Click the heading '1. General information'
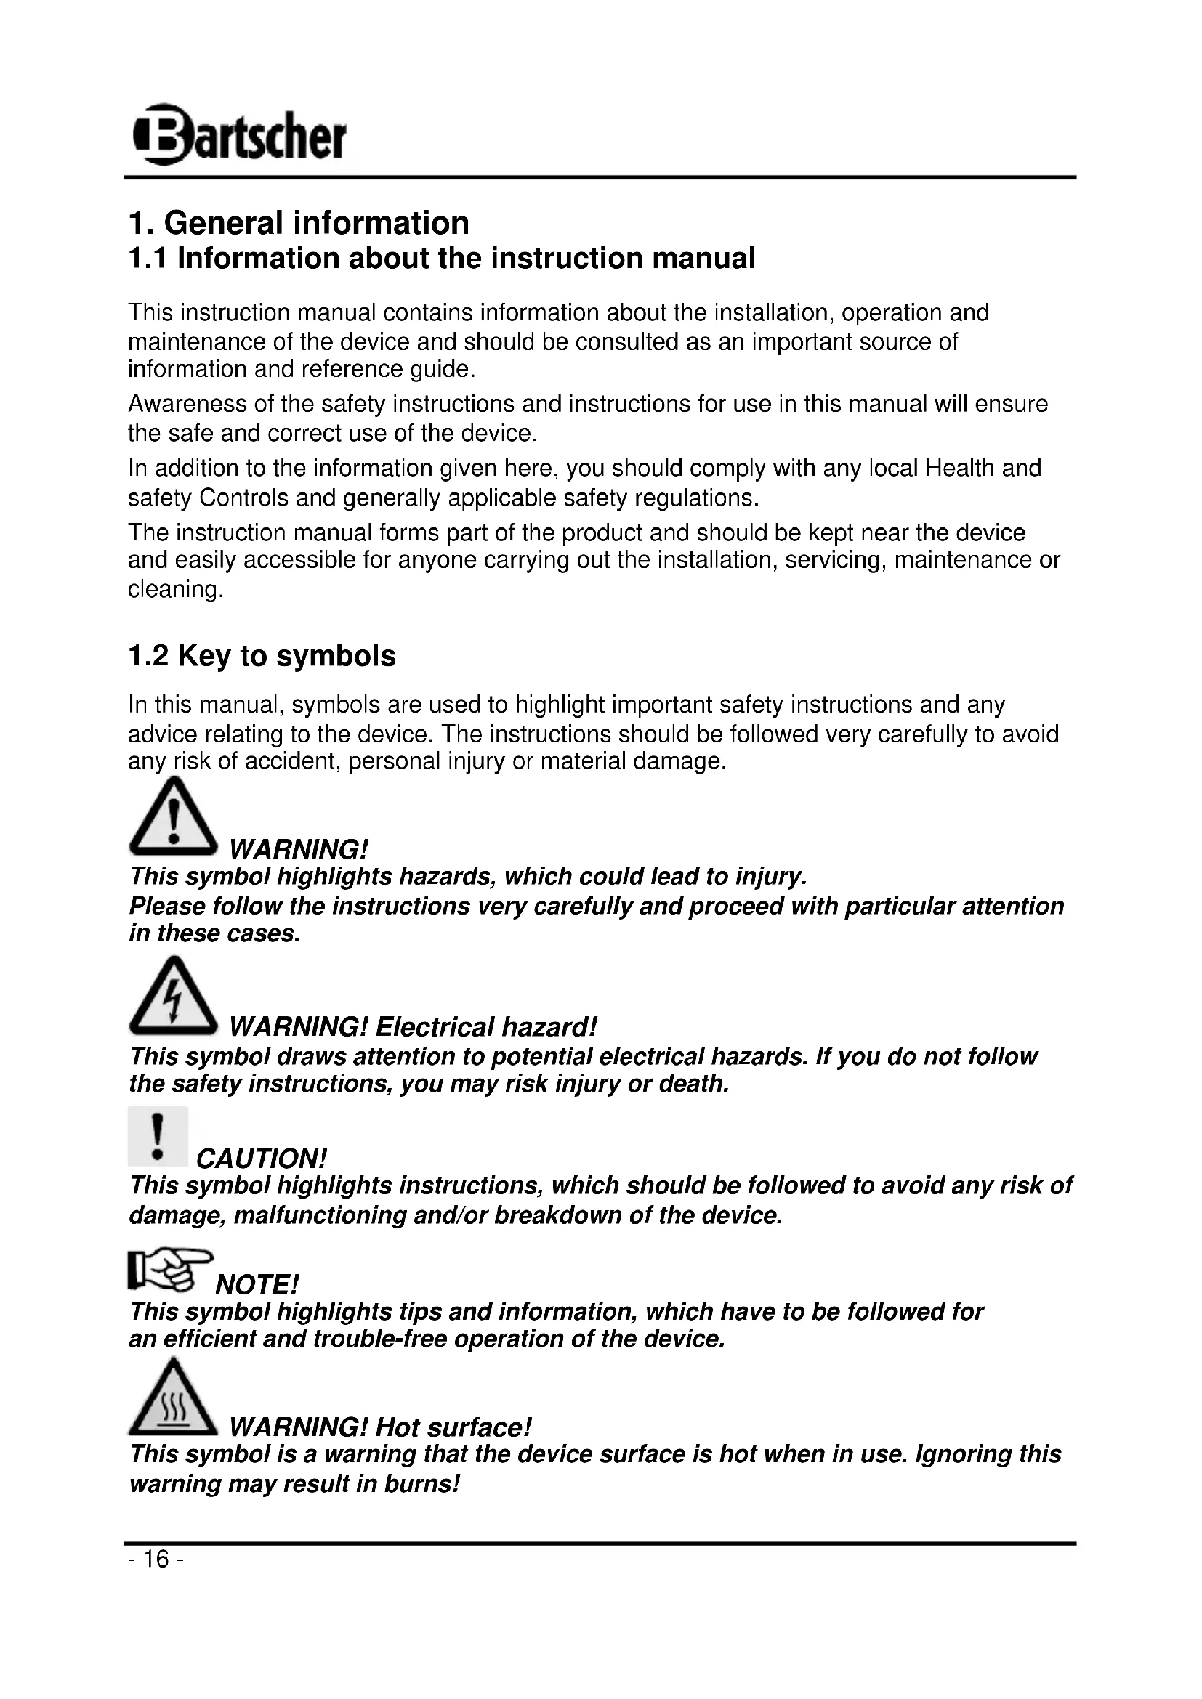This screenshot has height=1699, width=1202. click(x=298, y=223)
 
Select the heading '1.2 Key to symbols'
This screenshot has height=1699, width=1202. click(x=262, y=657)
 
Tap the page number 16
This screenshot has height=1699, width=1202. click(x=156, y=1560)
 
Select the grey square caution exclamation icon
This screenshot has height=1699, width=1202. click(x=158, y=1136)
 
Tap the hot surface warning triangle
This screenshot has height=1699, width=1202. click(x=172, y=1398)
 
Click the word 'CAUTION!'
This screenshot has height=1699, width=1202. click(x=262, y=1158)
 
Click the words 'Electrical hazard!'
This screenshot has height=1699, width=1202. click(x=485, y=1028)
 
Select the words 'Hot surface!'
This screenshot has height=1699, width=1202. click(x=453, y=1427)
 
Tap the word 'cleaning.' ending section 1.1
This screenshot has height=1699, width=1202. click(x=175, y=590)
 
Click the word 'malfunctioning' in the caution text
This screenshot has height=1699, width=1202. click(x=320, y=1216)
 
